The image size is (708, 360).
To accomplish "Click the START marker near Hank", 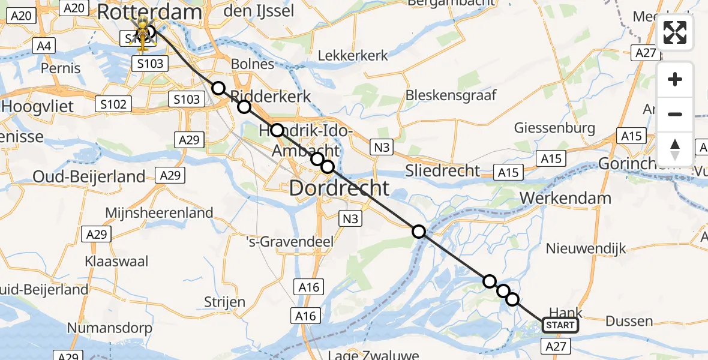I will [x=560, y=325].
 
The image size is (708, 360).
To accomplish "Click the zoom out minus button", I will [x=675, y=115].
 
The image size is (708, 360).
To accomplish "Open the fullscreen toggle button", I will [x=675, y=32].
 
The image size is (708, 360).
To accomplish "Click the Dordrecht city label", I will [x=339, y=188].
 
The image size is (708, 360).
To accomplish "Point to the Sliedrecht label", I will [x=442, y=170].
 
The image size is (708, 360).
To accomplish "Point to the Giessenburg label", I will [x=554, y=128].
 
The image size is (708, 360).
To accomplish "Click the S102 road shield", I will [x=113, y=104].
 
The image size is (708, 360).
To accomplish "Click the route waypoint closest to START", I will [x=512, y=299].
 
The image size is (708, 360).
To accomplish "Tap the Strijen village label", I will [x=224, y=301].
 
